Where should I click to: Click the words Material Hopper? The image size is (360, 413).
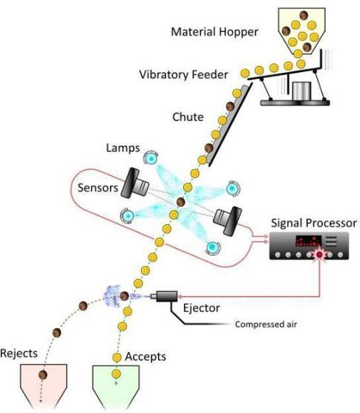pos(215,32)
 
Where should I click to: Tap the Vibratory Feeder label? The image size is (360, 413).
pos(183,74)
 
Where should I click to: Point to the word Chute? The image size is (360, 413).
pos(188,117)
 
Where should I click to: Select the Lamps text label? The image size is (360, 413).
pos(122,148)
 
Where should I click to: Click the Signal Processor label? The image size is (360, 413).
pos(314,223)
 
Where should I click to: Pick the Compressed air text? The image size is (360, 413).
pos(266,325)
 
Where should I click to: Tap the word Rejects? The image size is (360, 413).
pos(19,354)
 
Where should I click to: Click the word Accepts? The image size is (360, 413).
pos(145,357)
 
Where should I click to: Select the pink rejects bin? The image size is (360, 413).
pos(44,386)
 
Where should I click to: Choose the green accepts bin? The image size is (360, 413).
pos(116,386)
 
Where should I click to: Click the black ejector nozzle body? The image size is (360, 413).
pos(167,296)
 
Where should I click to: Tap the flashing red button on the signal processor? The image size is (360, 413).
pos(319,255)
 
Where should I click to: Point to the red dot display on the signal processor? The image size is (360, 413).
pos(309,241)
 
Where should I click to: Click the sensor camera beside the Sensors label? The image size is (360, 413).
pos(134,183)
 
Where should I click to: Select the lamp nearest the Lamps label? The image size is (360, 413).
pos(151,158)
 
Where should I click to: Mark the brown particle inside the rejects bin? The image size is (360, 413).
pos(42,374)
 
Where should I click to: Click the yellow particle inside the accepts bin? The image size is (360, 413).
pos(116,374)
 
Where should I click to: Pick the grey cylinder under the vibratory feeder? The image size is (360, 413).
pos(301,91)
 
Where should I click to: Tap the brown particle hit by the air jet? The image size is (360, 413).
pos(124,296)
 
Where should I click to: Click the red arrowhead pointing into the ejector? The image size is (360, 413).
pos(180,296)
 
